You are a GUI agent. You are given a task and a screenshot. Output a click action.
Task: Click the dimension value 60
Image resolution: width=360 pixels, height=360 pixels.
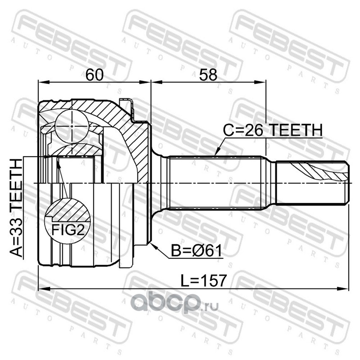pyautogui.click(x=94, y=75)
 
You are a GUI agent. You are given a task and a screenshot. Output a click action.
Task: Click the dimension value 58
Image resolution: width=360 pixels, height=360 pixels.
pyautogui.click(x=208, y=75)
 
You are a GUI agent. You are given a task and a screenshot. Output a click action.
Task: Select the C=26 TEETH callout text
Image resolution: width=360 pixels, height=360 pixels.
pyautogui.click(x=273, y=130)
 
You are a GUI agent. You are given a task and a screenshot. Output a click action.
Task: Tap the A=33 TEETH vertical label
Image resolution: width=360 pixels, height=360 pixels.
pyautogui.click(x=17, y=208)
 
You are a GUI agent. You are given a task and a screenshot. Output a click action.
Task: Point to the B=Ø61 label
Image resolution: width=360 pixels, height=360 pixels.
pyautogui.click(x=197, y=251)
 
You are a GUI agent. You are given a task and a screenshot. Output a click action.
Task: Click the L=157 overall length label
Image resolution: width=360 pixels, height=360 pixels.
pyautogui.click(x=203, y=280)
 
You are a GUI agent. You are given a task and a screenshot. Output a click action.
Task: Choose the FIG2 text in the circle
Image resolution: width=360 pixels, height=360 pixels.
pyautogui.click(x=68, y=229)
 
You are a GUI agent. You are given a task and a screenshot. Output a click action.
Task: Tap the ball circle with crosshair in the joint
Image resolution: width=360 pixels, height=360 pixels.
pyautogui.click(x=72, y=126)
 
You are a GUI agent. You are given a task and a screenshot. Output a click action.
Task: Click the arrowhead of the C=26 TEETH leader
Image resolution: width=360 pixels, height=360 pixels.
pyautogui.click(x=217, y=153)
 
